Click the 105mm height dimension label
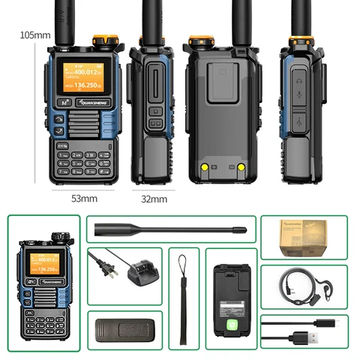(34, 34)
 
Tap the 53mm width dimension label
(83, 199)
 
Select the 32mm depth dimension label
(154, 199)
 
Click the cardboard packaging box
(304, 239)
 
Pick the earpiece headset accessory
(304, 289)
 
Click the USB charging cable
(304, 331)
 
